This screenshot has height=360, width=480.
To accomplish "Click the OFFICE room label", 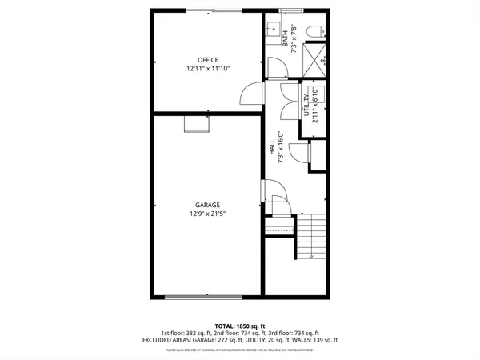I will coord(208,60).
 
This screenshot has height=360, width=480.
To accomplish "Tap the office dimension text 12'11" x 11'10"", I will coord(208,69).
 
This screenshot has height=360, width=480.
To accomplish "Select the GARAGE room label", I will coord(208,205).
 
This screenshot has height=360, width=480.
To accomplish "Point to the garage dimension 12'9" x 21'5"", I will coord(208,214).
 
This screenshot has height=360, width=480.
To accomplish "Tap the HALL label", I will coord(272,147).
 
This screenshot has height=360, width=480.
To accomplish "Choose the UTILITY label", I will coord(306,105).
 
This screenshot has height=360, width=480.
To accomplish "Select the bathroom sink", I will coord(270,26).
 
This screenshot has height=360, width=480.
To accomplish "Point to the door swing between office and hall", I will coord(253,94).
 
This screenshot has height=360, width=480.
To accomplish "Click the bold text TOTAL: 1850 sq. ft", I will coord(240,325).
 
